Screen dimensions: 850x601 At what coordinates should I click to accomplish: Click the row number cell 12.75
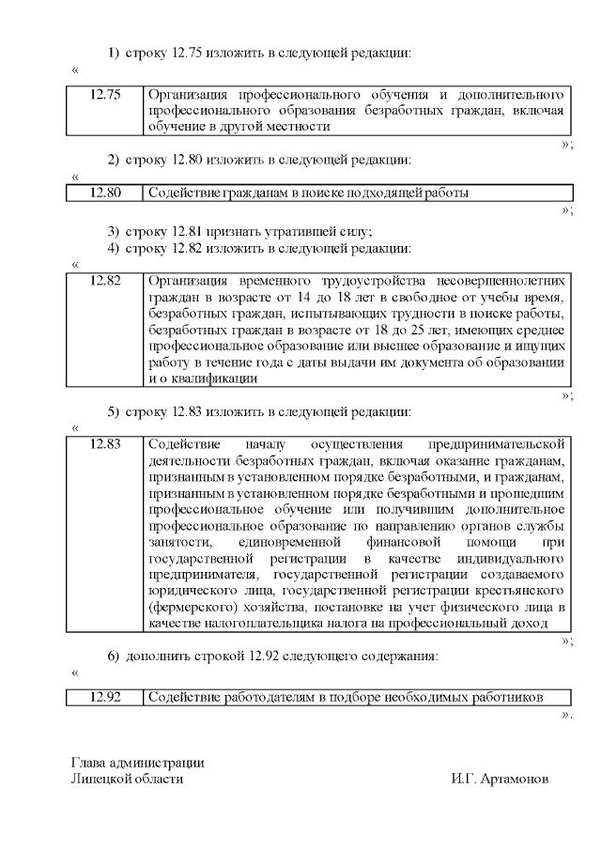click(x=105, y=95)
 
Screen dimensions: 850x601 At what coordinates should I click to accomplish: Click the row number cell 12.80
click(x=105, y=193)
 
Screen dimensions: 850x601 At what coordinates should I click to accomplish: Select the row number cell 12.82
click(x=105, y=281)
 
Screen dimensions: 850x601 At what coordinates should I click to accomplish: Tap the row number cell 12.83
click(x=105, y=444)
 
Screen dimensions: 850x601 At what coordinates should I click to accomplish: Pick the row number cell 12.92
click(x=105, y=697)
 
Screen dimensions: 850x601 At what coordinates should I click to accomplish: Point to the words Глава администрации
click(x=137, y=763)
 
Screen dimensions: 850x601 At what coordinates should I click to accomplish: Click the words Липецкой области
click(x=127, y=779)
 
